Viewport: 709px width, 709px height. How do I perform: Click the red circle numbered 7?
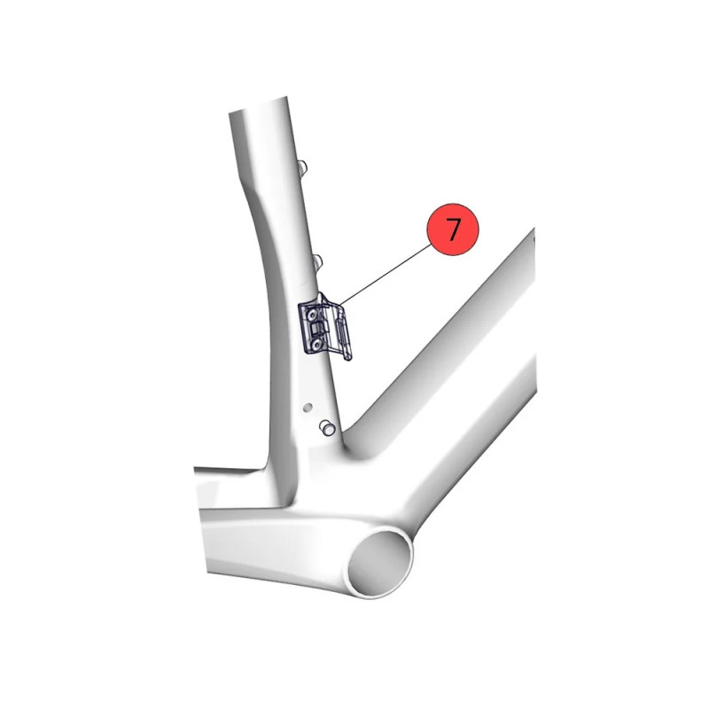pos(453,230)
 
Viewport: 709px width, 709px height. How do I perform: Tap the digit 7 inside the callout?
pos(453,229)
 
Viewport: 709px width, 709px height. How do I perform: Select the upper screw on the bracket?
pos(312,314)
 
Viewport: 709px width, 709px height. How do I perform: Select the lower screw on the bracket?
pos(316,344)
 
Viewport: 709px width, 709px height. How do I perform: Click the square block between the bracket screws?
pos(316,328)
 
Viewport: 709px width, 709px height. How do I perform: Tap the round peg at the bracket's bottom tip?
pos(348,357)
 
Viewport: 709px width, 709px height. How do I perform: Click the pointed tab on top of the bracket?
pos(323,299)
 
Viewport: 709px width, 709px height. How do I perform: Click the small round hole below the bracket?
pos(308,408)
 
